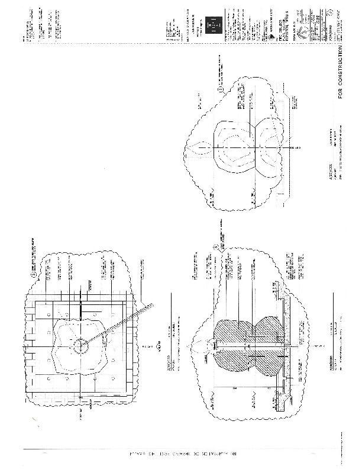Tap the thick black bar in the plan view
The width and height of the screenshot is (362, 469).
coord(80,308)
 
